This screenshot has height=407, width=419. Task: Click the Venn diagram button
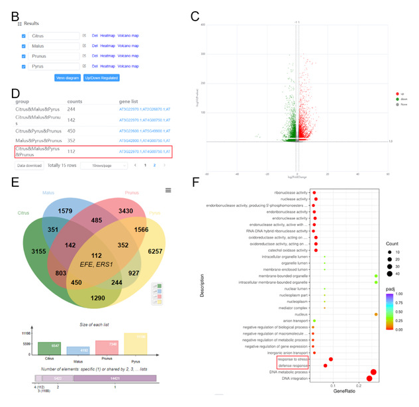coord(68,78)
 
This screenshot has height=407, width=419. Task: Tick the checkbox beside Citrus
coord(24,35)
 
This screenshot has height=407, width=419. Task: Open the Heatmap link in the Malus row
coord(107,46)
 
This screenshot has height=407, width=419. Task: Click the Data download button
coord(29,165)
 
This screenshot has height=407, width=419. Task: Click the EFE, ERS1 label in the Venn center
coord(96,263)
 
